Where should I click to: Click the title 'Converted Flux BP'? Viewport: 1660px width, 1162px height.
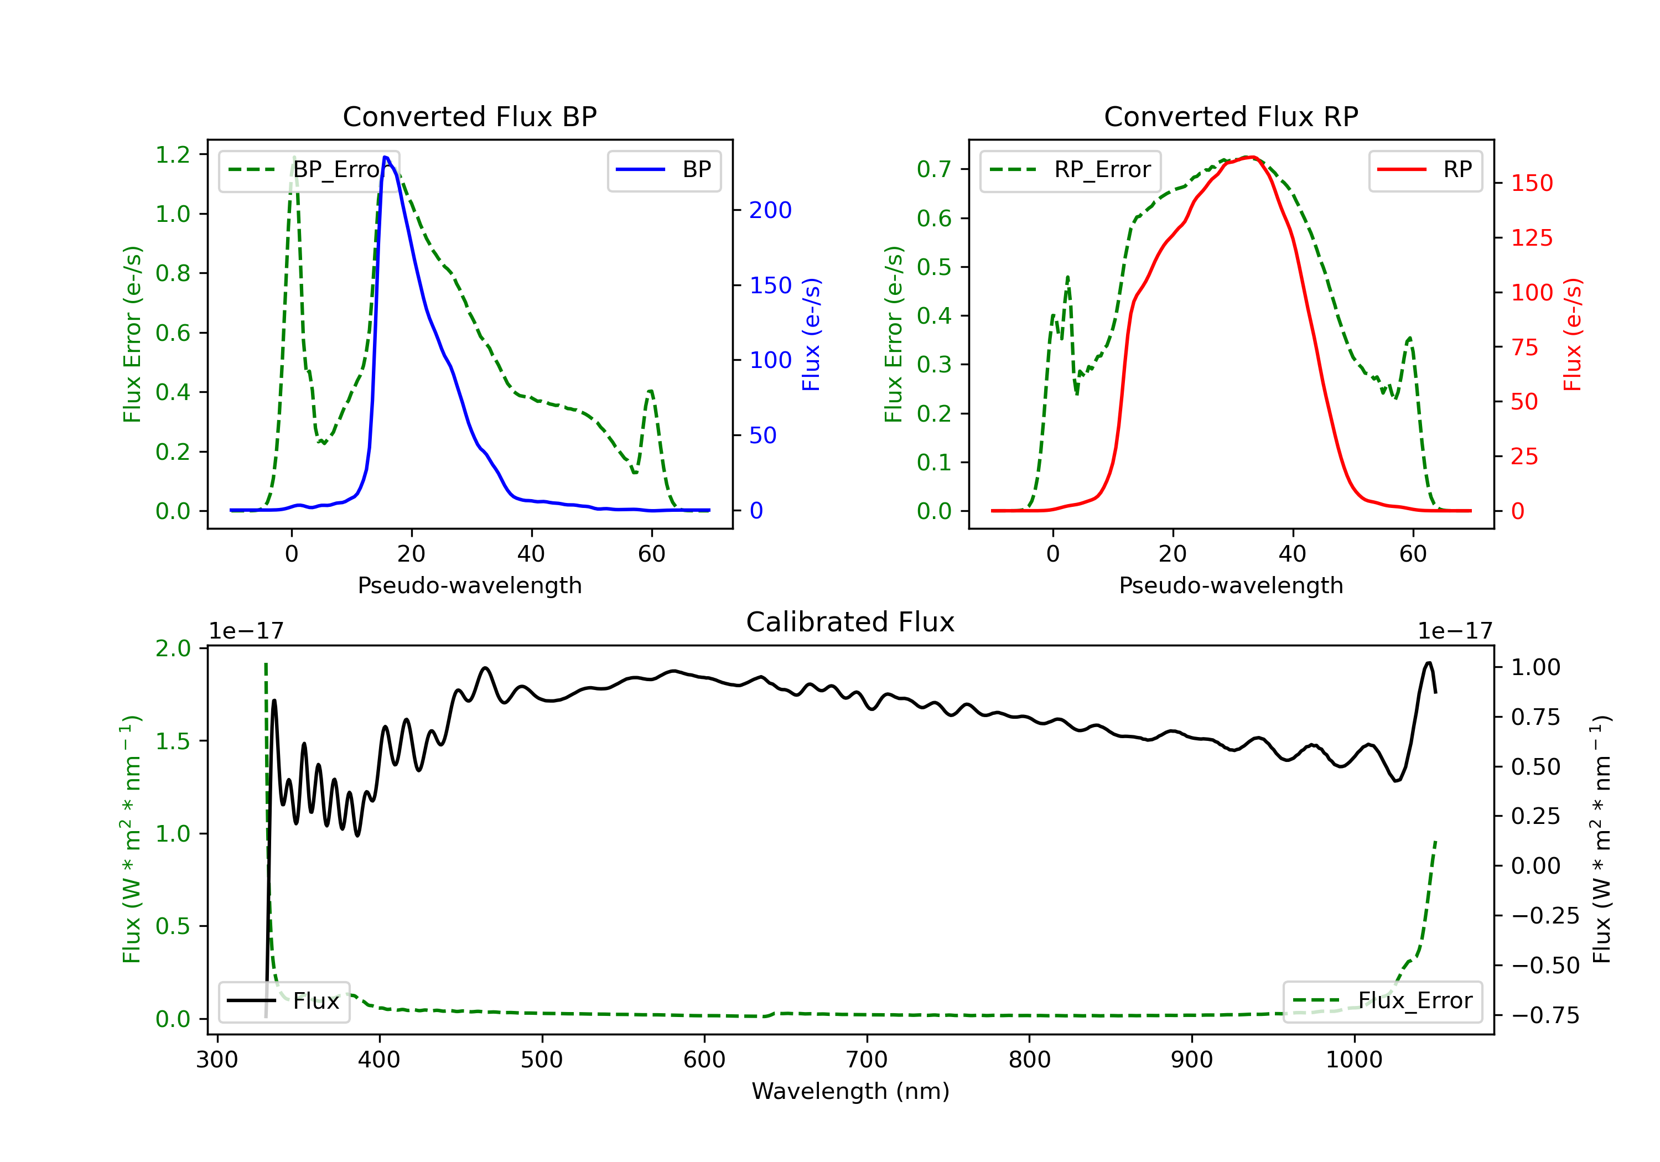tap(469, 116)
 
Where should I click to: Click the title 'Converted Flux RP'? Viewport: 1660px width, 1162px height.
tap(1231, 116)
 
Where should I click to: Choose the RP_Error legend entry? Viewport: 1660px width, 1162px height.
tap(1070, 170)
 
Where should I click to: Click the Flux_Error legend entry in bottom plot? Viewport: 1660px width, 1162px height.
tap(1382, 1001)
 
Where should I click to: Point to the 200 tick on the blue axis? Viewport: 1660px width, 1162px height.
tap(770, 210)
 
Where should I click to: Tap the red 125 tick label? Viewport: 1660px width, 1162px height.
tap(1531, 238)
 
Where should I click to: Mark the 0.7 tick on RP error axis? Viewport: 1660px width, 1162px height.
tap(933, 169)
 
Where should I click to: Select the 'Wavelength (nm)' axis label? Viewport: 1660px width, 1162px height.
tap(850, 1091)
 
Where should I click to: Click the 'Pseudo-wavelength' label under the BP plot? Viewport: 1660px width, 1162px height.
tap(469, 585)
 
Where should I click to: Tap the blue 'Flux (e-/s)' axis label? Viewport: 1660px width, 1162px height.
tap(811, 334)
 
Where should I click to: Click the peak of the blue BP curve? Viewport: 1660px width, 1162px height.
tap(385, 157)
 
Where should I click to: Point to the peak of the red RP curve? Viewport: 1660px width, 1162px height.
tap(1250, 157)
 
